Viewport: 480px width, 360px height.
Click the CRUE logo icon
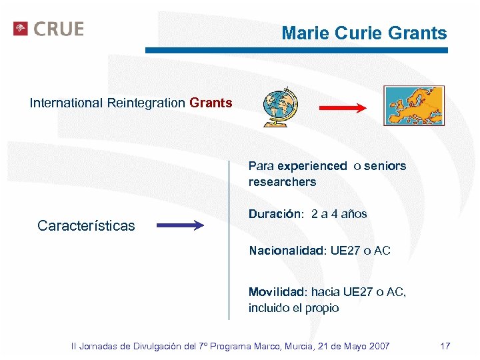click(x=21, y=29)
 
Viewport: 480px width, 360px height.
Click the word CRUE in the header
click(x=59, y=29)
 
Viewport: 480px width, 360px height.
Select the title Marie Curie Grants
click(x=364, y=33)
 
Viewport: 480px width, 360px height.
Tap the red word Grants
click(x=211, y=103)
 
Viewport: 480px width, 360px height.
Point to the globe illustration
click(x=281, y=107)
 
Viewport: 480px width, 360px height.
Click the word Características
click(x=86, y=226)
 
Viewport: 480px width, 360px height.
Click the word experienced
click(x=313, y=166)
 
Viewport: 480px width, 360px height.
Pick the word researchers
click(x=282, y=182)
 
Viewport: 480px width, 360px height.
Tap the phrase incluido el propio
click(x=293, y=308)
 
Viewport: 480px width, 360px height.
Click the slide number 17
click(x=445, y=346)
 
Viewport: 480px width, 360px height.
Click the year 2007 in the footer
click(x=378, y=346)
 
